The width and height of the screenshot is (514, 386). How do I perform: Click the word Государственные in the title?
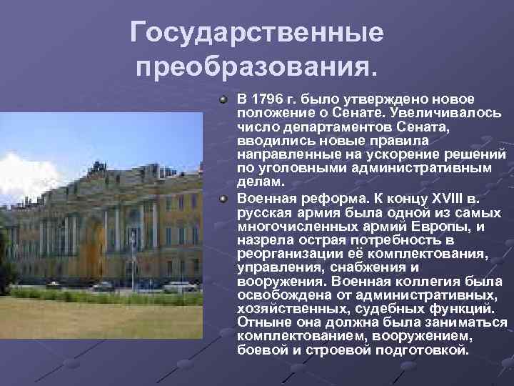(x=256, y=33)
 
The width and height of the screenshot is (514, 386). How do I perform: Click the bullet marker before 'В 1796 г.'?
(x=223, y=98)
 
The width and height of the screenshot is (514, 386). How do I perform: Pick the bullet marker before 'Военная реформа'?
(x=223, y=197)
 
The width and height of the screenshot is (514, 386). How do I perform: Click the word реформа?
(x=318, y=197)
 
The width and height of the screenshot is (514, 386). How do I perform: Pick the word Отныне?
(x=261, y=323)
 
